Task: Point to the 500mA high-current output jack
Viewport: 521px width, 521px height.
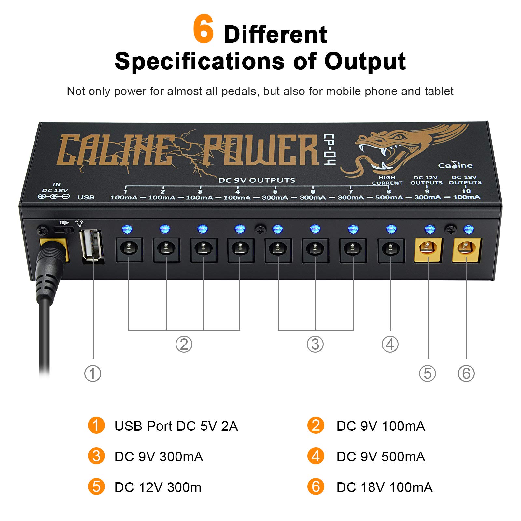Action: point(391,250)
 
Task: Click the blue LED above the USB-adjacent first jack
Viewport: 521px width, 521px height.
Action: point(127,229)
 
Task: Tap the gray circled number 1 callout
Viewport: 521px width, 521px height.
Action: point(93,373)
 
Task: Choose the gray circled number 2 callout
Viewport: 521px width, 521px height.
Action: point(184,344)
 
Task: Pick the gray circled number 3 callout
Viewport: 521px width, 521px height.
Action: point(315,344)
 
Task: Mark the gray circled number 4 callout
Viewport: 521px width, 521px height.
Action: point(390,344)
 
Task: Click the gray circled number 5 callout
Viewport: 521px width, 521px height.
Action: point(428,373)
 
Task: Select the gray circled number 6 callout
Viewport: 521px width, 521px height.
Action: point(466,373)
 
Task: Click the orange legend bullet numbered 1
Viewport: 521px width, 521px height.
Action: point(96,425)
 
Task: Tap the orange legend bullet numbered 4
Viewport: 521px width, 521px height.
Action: point(316,456)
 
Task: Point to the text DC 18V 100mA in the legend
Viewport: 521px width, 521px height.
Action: point(384,487)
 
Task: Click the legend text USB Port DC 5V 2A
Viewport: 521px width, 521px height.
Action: point(176,426)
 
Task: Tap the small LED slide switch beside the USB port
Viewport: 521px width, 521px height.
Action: point(64,230)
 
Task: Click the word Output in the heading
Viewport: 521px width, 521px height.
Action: point(365,61)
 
